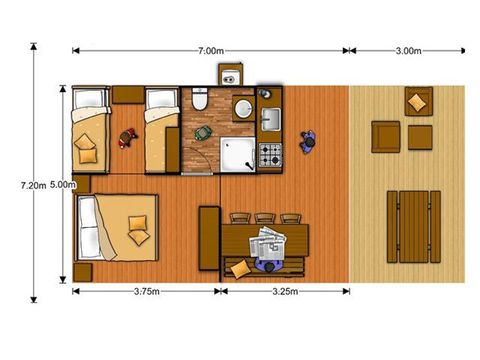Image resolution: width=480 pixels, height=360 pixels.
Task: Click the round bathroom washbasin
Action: click(241, 108)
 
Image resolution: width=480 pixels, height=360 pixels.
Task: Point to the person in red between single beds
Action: click(127, 137)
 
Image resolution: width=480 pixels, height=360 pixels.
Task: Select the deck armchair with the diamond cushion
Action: click(418, 100)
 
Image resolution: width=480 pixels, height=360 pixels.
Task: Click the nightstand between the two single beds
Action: click(127, 96)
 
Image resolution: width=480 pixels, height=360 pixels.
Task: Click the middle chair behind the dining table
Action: click(266, 218)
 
